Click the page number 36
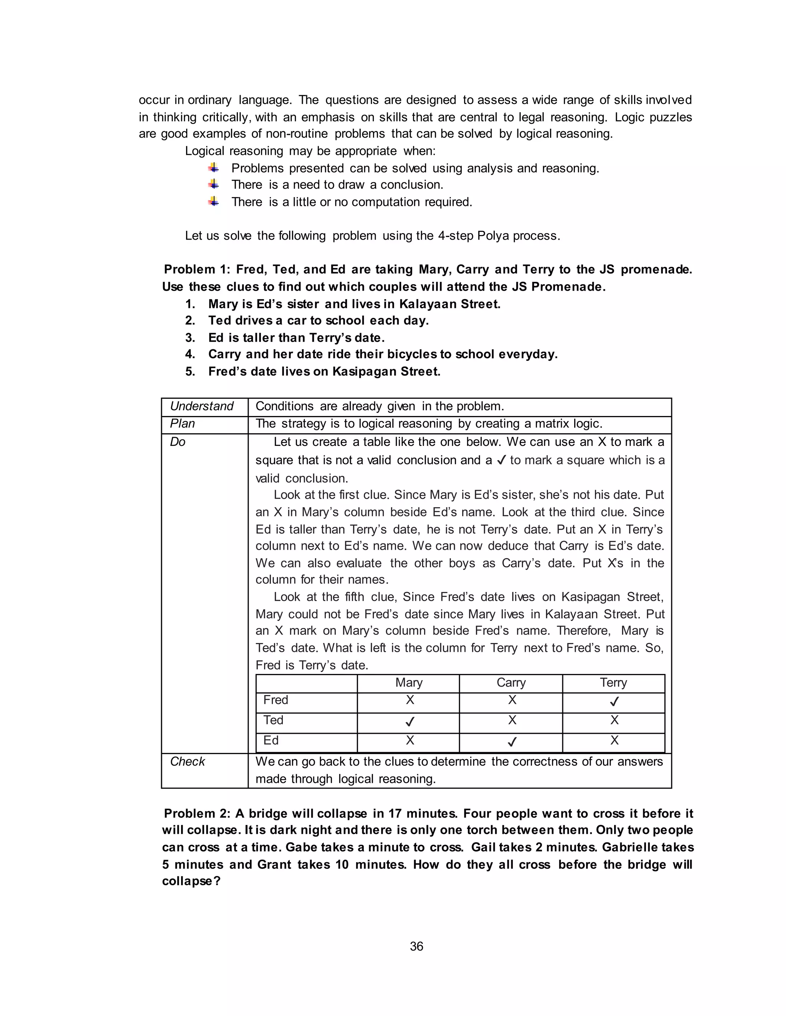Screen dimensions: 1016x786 pos(416,946)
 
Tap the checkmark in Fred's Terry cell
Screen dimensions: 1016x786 pos(614,702)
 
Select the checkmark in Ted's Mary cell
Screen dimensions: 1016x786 pos(410,722)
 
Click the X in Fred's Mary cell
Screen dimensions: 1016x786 pos(410,700)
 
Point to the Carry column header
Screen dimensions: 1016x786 pos(511,682)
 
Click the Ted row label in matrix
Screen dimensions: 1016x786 pos(273,720)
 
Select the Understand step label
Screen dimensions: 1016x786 pos(201,406)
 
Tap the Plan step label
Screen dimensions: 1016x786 pos(183,423)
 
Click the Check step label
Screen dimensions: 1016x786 pos(187,761)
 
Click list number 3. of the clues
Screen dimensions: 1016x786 pos(190,337)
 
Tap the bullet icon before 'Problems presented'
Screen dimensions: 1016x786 pos(214,168)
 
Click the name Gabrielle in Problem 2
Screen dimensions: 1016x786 pos(629,847)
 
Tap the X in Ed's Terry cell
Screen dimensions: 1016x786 pos(614,740)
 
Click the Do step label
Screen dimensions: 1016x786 pos(177,442)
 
